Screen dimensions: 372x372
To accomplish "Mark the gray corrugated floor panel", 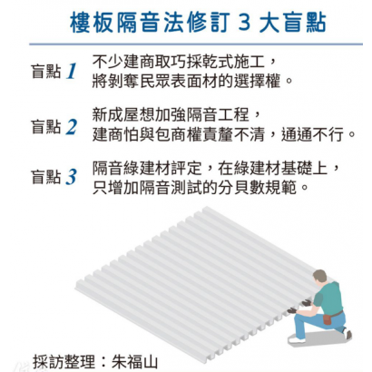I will click(x=172, y=281).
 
